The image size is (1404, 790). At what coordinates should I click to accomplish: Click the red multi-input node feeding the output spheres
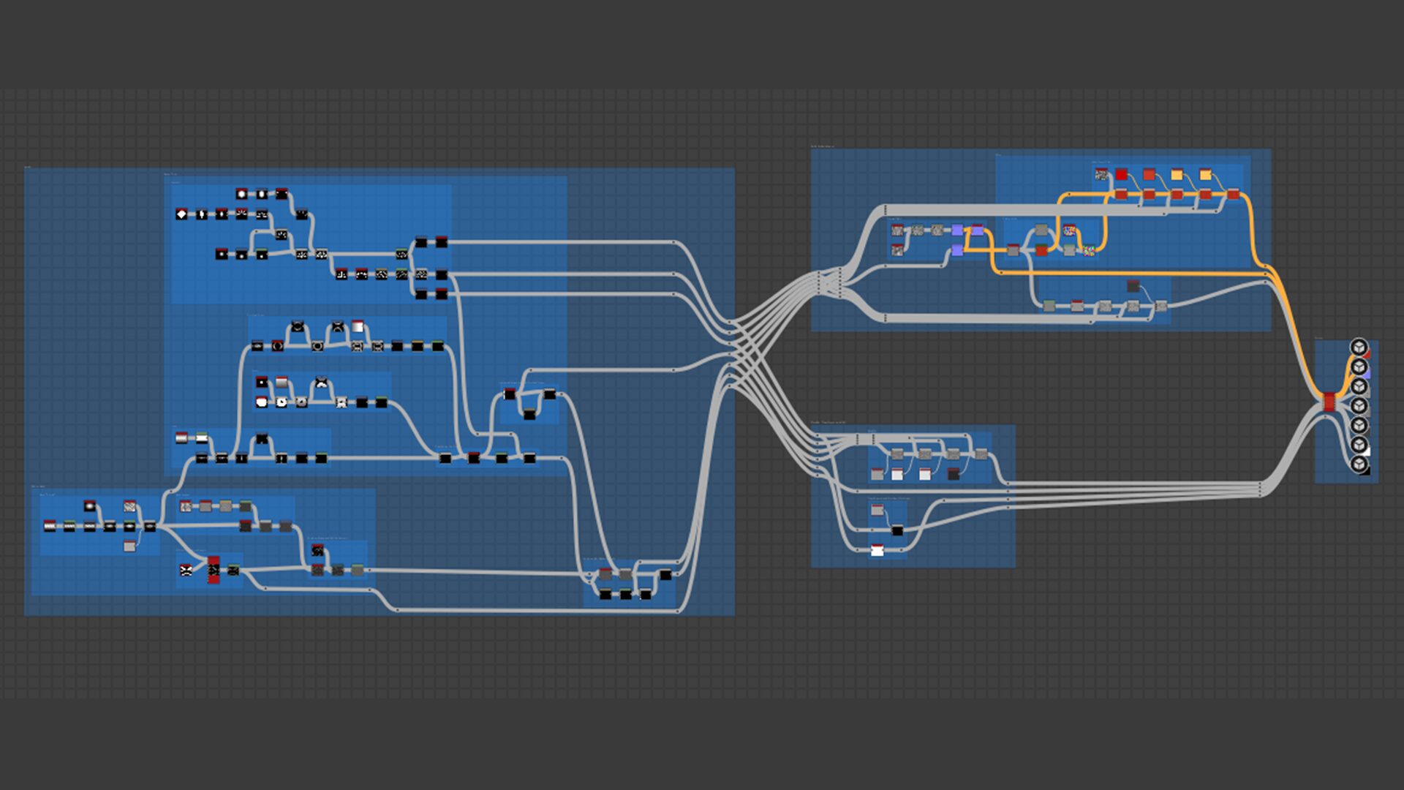click(x=1329, y=402)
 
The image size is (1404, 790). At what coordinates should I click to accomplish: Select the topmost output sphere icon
click(x=1359, y=346)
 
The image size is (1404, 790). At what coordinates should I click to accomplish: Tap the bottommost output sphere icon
click(x=1359, y=464)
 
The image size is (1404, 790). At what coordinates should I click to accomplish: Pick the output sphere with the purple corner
click(x=1359, y=366)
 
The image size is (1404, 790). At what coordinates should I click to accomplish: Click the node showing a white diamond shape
click(x=182, y=214)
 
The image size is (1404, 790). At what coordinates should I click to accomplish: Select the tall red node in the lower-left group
click(x=214, y=570)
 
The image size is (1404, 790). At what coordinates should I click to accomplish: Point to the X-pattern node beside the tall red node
click(x=186, y=570)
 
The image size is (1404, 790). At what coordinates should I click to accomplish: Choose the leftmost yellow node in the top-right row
click(x=1177, y=174)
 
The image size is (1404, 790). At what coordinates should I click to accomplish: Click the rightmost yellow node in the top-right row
click(x=1205, y=174)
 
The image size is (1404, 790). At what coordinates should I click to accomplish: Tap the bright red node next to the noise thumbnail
click(x=1121, y=174)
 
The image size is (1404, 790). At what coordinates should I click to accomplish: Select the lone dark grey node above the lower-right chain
click(x=1133, y=285)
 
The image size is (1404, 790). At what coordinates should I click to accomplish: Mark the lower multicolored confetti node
click(x=1090, y=250)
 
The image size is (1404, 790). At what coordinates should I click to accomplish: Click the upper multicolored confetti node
click(x=1069, y=230)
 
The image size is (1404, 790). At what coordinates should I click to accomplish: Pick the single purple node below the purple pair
click(x=957, y=250)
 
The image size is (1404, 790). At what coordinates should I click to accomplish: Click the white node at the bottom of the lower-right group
click(x=877, y=550)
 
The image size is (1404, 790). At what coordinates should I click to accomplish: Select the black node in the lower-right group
click(x=897, y=530)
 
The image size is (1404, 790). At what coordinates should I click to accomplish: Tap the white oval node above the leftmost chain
click(x=89, y=505)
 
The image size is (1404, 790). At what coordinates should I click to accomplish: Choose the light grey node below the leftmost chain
click(x=129, y=546)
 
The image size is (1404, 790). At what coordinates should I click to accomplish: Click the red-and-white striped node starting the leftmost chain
click(x=50, y=526)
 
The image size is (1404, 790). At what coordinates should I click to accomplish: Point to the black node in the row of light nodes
click(x=953, y=474)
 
